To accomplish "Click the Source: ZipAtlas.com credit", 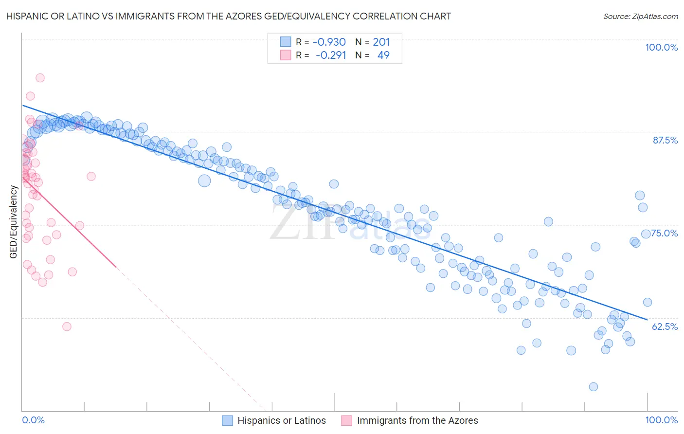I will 640,16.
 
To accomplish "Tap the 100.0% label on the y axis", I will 661,47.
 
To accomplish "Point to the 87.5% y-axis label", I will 665,140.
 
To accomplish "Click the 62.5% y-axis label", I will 665,326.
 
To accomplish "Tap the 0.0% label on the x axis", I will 33,420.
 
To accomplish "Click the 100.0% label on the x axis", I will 661,420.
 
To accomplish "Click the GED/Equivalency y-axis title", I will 14,222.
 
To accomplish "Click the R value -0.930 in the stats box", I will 329,42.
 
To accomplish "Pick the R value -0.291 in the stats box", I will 330,55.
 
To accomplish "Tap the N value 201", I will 381,42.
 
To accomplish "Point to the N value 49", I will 383,55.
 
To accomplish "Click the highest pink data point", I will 40,78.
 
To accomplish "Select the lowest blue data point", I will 593,387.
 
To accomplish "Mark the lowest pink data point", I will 67,326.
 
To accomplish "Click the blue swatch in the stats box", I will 285,42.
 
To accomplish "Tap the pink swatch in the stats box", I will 285,55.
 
